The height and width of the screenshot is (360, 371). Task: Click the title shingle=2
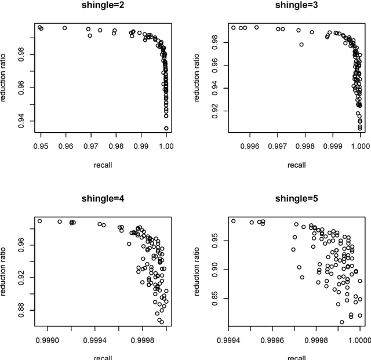tap(103, 7)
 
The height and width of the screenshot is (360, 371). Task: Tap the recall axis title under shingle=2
tap(103, 165)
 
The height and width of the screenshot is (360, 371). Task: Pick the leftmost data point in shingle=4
tap(39, 221)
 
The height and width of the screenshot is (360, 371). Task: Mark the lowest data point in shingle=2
tap(166, 128)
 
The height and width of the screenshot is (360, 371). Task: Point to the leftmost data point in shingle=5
tap(234, 221)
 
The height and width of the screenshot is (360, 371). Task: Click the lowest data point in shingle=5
tap(341, 322)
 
